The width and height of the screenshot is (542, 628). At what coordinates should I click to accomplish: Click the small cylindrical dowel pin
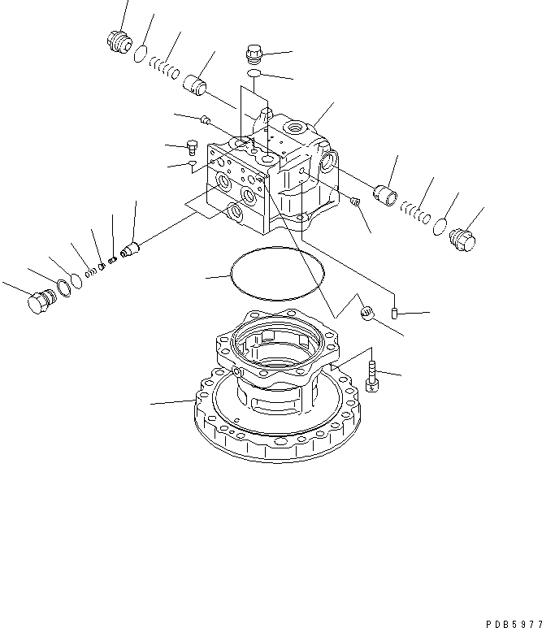pyautogui.click(x=394, y=312)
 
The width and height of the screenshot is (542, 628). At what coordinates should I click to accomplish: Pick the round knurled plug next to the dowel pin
pyautogui.click(x=366, y=311)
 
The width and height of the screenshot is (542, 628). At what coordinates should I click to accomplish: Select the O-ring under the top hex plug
pyautogui.click(x=254, y=76)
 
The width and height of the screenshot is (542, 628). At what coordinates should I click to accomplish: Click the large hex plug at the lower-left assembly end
pyautogui.click(x=37, y=303)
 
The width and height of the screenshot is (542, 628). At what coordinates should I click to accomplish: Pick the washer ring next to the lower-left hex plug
pyautogui.click(x=61, y=289)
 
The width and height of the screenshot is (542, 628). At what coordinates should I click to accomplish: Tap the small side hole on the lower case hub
pyautogui.click(x=238, y=372)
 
